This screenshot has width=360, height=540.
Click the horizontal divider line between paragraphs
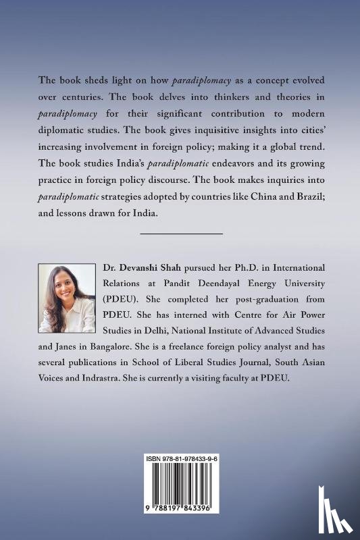click(x=180, y=233)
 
